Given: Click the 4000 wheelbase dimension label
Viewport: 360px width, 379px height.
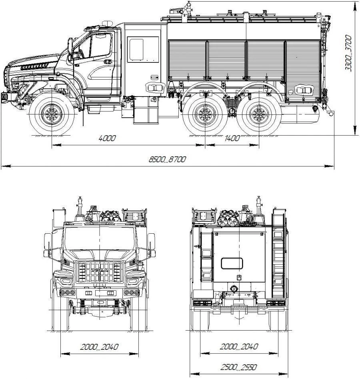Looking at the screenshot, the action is coord(107,138).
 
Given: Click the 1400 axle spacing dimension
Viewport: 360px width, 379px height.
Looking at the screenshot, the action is coord(232,138).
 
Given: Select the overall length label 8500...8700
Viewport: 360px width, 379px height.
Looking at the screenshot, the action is coord(167,159).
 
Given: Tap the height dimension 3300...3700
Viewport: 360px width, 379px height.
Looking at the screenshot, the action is coord(348,53).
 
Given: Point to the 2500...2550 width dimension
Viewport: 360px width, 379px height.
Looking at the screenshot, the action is coord(239,367).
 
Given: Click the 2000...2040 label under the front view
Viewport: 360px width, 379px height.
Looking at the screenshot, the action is coord(99,347).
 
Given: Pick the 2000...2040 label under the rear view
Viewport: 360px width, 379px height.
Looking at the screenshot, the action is coord(239,346).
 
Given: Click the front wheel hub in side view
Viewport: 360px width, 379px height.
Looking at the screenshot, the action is coord(52,114).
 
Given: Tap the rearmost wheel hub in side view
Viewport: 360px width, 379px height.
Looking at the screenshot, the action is coord(259,114).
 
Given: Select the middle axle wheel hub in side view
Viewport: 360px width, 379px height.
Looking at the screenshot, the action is coord(205,114).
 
